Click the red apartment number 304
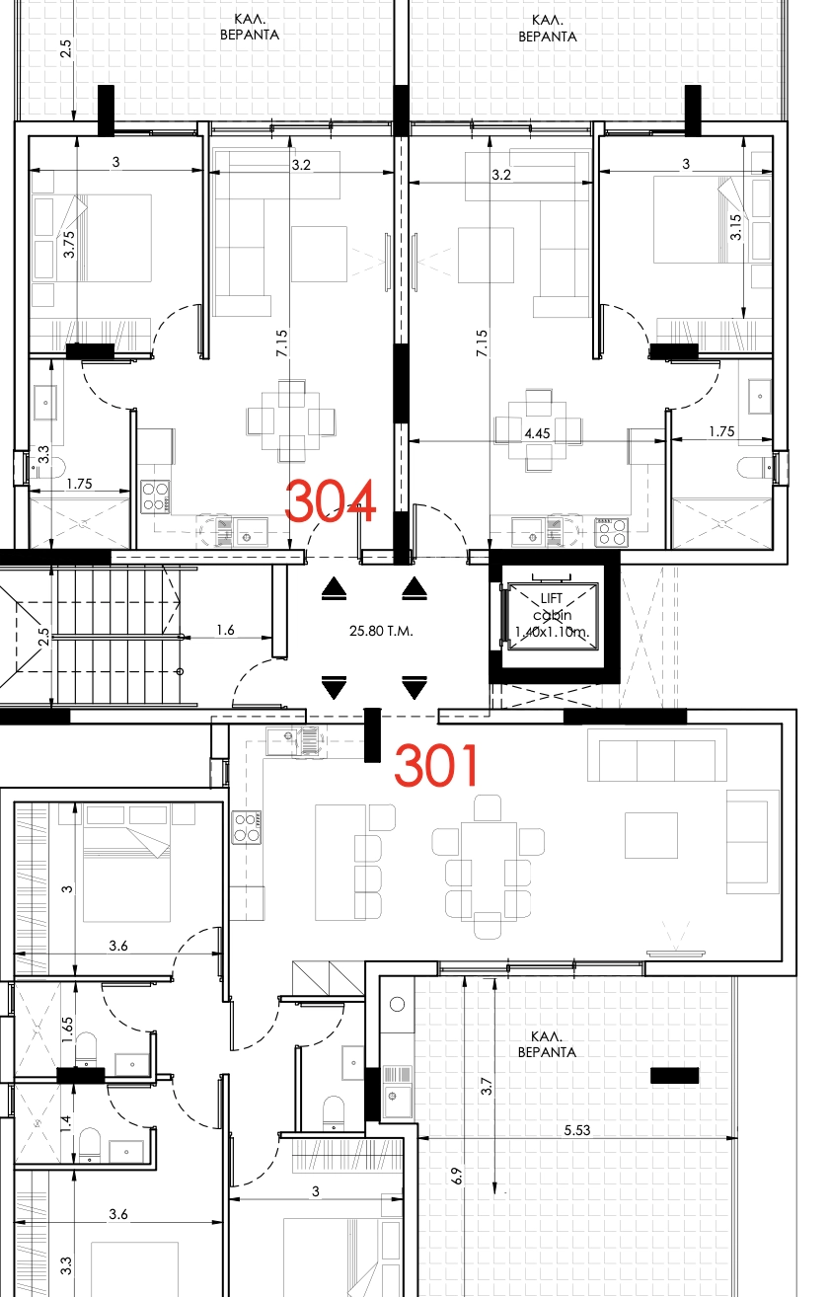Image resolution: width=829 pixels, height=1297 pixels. (330, 500)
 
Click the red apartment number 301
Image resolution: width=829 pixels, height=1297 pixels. (436, 765)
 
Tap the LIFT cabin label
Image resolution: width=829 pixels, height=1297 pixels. (552, 615)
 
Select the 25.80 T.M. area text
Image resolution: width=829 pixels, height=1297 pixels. (381, 631)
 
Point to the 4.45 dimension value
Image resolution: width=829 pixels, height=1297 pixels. (537, 433)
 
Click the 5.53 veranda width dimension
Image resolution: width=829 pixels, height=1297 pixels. (577, 1129)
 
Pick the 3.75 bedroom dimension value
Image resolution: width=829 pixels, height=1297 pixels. (69, 245)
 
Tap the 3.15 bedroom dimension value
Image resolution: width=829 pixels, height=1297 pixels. (735, 227)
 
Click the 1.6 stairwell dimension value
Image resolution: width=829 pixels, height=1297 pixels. (225, 630)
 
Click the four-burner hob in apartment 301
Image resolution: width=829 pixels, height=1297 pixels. (247, 827)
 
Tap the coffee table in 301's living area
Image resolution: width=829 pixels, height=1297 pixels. (650, 835)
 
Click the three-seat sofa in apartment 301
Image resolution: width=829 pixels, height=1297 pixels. (657, 755)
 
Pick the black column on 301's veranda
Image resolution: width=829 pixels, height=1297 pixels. (674, 1075)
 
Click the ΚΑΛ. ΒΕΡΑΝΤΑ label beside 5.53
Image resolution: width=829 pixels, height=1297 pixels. (547, 1044)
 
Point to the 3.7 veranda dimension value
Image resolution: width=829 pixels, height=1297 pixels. (487, 1086)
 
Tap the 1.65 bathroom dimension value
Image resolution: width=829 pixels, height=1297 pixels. (67, 1030)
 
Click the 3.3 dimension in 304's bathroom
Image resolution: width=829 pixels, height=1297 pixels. (43, 454)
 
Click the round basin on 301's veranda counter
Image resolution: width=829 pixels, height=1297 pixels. (397, 1004)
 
